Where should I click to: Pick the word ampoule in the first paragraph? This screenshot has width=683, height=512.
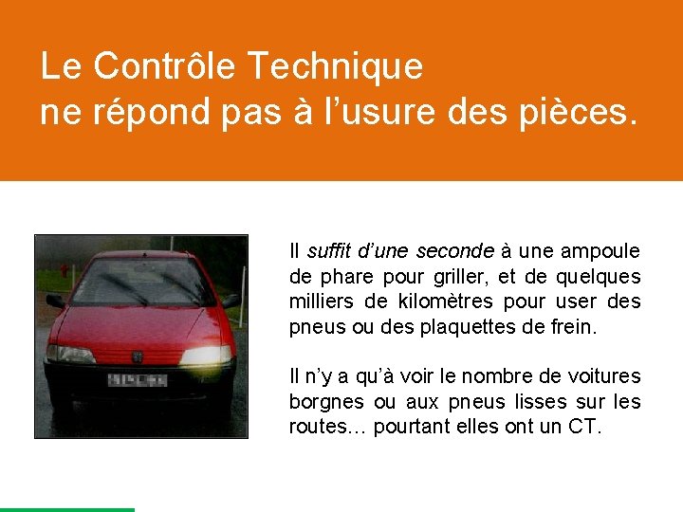tap(600, 251)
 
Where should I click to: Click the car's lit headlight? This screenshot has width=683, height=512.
tap(205, 356)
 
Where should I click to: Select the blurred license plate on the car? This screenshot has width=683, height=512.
tap(138, 380)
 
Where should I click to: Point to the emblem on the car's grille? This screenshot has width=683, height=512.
tap(138, 357)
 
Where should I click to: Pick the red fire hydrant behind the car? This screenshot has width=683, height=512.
tap(65, 271)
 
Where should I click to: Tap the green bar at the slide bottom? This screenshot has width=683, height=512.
tap(66, 509)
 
